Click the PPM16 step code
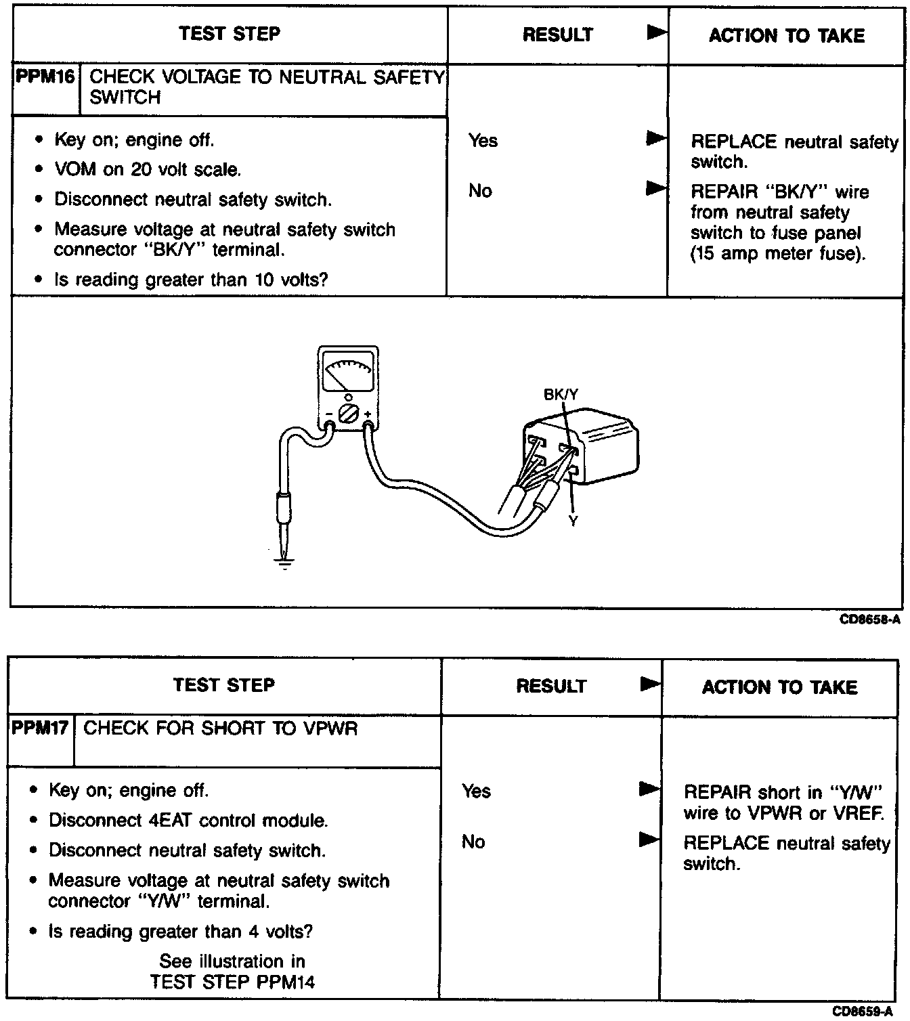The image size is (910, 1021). pos(45,77)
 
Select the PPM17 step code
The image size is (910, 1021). pos(40,729)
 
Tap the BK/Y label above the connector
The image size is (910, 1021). pos(561,394)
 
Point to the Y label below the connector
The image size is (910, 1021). pos(573,521)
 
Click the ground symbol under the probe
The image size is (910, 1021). pos(284,562)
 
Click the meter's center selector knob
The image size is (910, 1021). pos(347,413)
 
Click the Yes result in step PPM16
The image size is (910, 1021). pos(483,141)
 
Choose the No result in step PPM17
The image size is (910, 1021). pos(473,842)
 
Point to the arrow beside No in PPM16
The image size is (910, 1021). pos(655,188)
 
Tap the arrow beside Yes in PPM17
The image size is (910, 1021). pos(649,789)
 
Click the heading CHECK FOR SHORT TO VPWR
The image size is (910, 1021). pos(220,729)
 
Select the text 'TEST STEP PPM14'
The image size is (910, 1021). pos(232,982)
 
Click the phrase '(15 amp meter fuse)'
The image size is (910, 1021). pos(778,254)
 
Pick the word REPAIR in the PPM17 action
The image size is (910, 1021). pos(717,792)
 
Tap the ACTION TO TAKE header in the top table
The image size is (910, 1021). pos(786,35)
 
